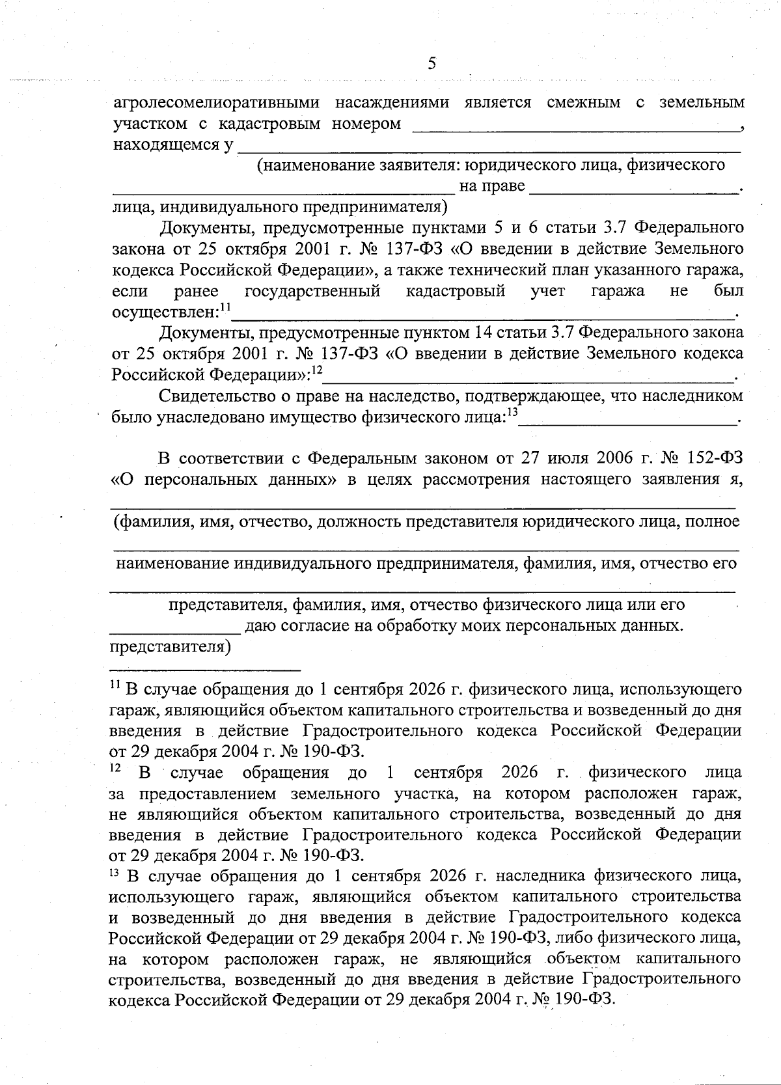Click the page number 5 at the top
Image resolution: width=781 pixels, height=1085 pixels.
click(432, 64)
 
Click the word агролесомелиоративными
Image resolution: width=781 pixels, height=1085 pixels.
click(216, 103)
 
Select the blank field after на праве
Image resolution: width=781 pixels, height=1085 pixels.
click(635, 189)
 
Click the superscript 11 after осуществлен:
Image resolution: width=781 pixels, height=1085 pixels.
click(225, 306)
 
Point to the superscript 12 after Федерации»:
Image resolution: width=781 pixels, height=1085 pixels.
click(317, 370)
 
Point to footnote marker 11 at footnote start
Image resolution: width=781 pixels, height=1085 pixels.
click(115, 685)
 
